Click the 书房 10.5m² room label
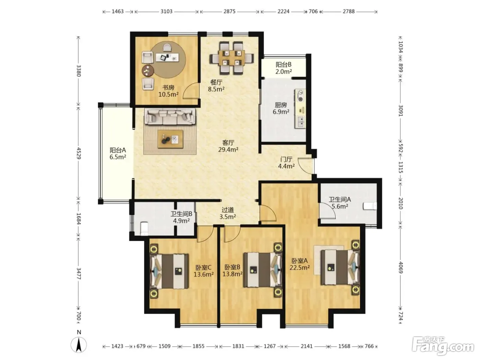point(168,91)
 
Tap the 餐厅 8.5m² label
point(216,86)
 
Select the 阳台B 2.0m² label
point(284,68)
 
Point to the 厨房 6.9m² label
point(281,108)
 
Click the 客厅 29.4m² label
point(228,146)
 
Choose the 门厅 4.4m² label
point(286,163)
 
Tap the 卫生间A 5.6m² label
point(340,203)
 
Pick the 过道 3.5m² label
point(228,213)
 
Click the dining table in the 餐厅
point(232,58)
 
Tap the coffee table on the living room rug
point(170,139)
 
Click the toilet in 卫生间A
point(370,206)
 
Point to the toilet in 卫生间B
point(144,228)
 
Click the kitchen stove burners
point(301,96)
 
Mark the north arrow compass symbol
point(79,345)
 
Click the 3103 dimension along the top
point(166,12)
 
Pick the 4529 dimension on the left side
point(79,153)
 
